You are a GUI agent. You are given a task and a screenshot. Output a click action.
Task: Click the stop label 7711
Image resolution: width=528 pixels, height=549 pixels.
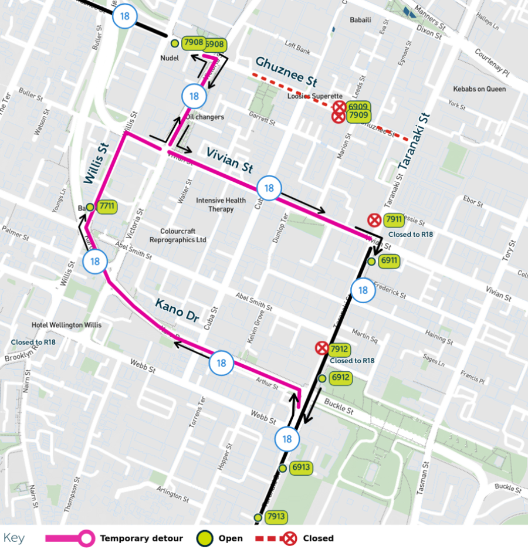coord(107,206)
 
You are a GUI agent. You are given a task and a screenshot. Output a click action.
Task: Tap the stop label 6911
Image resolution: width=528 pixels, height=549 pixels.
coord(389,261)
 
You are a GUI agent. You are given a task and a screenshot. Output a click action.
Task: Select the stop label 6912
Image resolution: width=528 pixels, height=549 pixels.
coord(340,378)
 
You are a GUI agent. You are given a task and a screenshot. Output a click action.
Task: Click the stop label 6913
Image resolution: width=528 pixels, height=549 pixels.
coord(300,467)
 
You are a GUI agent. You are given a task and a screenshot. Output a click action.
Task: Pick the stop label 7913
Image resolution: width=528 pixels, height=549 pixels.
coord(275,517)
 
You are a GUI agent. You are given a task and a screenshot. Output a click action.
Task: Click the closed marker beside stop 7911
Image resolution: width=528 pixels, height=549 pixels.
coord(374,220)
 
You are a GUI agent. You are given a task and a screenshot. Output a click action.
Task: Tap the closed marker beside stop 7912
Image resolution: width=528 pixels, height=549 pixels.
coord(321,348)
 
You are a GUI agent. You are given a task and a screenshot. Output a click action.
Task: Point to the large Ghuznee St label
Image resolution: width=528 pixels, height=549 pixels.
coord(286,71)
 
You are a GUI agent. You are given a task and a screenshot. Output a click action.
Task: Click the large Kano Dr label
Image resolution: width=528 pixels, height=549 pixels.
coord(178,311)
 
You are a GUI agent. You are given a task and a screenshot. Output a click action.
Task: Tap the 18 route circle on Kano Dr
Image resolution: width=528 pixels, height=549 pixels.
coord(221,363)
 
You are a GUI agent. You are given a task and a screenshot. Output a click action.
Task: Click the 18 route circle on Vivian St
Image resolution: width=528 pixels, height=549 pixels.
coord(269,188)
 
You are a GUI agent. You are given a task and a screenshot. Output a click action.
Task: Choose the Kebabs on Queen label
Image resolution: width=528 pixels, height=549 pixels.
coord(479,89)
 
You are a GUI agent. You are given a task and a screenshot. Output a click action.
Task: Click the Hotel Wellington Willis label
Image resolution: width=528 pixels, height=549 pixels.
coord(67,325)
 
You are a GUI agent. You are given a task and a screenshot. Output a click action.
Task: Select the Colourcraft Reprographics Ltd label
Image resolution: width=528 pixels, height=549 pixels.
coord(178,235)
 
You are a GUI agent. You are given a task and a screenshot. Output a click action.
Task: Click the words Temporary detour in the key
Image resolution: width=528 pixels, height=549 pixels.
coord(141,538)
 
